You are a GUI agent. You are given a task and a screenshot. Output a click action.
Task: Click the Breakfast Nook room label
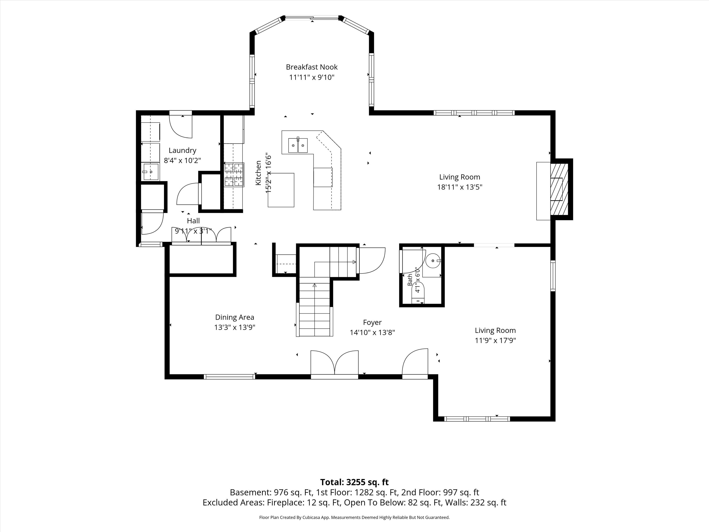311,67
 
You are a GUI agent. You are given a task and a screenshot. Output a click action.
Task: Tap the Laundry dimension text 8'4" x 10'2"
182,160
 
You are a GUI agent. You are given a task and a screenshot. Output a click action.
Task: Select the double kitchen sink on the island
298,145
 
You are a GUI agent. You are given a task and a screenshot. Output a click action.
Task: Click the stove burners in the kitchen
234,174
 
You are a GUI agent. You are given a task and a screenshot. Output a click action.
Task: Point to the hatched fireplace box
559,189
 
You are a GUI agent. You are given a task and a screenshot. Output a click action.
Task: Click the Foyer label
372,322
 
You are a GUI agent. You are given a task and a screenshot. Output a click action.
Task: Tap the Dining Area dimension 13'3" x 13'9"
235,327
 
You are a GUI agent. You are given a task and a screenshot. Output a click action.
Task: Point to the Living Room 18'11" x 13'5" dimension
460,187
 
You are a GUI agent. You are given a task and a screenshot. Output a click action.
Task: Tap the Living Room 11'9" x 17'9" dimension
495,340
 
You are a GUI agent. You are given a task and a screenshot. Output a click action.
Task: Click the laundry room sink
150,172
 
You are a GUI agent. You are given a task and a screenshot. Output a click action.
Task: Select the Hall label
193,221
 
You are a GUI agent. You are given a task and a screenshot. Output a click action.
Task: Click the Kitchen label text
258,173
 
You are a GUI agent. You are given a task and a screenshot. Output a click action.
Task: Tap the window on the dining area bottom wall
229,377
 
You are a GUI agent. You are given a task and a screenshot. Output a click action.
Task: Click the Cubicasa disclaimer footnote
354,517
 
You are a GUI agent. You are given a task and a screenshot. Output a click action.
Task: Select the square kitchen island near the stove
281,190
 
